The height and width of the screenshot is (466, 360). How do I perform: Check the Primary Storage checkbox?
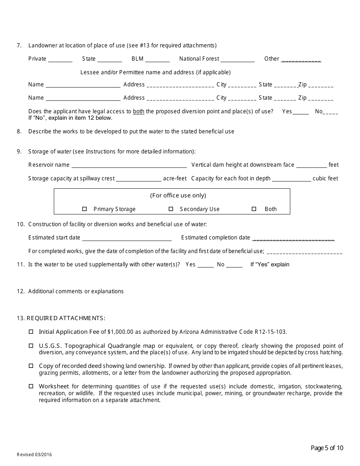[85, 209]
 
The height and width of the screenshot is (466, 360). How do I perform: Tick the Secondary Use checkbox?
[171, 209]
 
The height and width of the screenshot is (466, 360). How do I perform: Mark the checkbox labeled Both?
[254, 209]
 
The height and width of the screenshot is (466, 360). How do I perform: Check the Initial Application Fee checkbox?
[31, 332]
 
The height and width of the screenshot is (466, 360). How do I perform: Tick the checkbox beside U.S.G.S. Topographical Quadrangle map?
[31, 346]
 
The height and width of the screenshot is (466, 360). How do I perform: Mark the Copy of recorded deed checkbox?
[31, 366]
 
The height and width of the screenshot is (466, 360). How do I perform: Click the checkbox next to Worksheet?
[31, 386]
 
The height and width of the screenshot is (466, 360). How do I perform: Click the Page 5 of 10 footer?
[327, 448]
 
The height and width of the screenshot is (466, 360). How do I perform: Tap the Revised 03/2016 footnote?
[34, 455]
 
